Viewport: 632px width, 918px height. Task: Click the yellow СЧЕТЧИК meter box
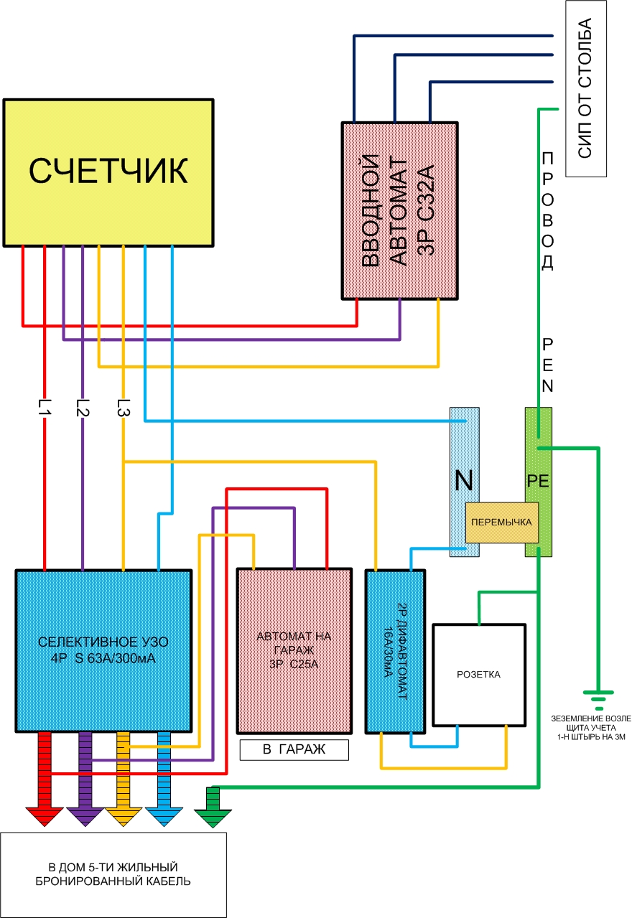point(108,172)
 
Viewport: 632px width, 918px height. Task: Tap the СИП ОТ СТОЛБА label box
point(587,89)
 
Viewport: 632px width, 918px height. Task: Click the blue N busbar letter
point(463,481)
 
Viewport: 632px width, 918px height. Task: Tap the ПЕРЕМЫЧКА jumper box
point(502,523)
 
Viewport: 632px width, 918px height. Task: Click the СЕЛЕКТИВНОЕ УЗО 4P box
point(104,650)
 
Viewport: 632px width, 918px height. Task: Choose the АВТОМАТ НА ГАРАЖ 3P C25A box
point(294,650)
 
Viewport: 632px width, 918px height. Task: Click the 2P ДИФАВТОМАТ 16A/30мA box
point(391,650)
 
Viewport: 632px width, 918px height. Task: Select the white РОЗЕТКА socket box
point(478,675)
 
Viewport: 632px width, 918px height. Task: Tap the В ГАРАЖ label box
point(294,750)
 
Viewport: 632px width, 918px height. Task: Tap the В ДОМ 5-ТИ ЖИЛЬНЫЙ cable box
point(113,874)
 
